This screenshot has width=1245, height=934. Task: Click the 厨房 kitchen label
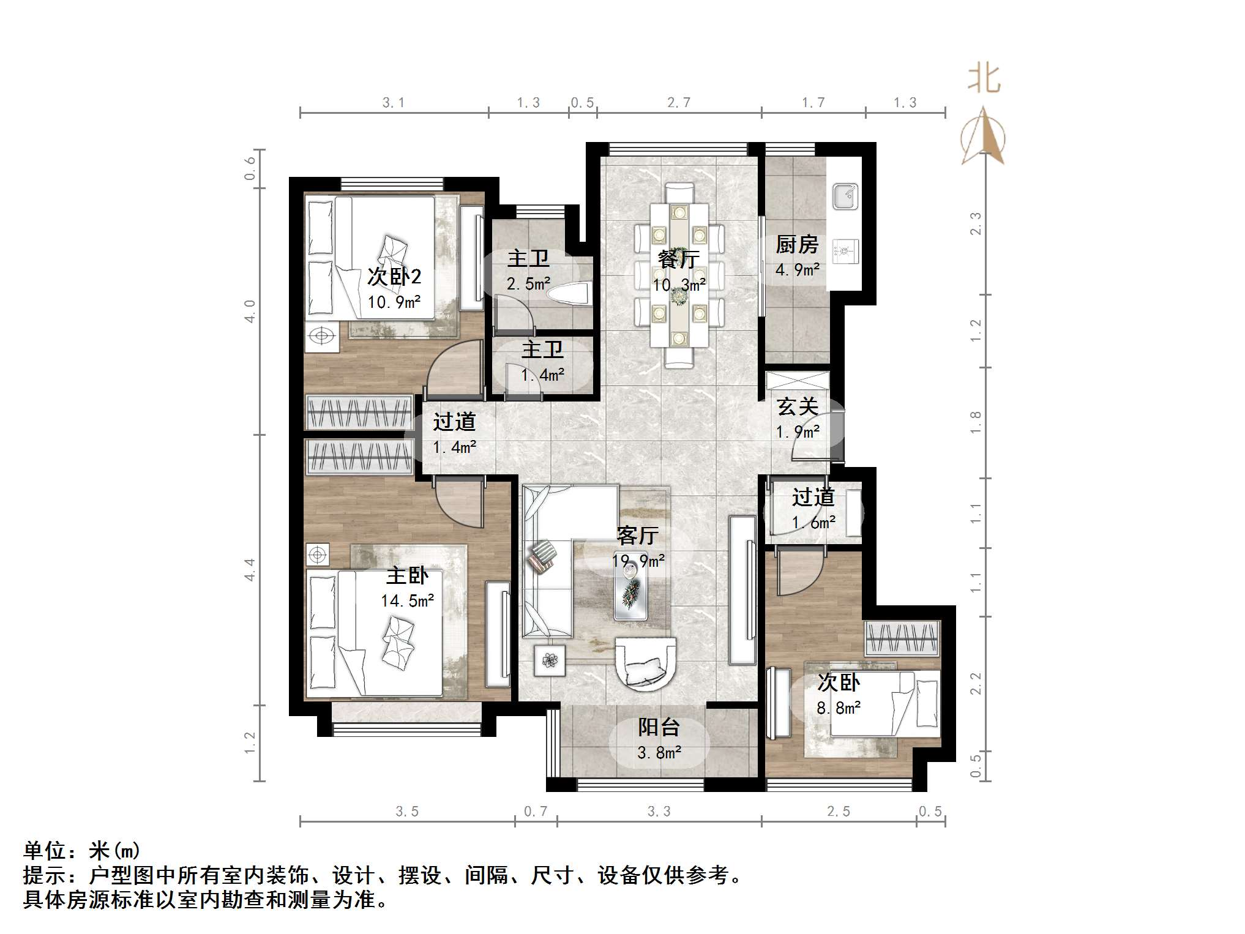click(x=797, y=245)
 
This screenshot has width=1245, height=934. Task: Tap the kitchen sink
click(x=845, y=196)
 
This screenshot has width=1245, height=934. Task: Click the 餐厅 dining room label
click(x=678, y=260)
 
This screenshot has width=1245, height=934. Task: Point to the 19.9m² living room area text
click(x=638, y=561)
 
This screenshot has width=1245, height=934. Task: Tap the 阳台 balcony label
click(x=659, y=727)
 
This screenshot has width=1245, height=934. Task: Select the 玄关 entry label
click(x=798, y=407)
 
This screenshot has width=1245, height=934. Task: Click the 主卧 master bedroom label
click(x=408, y=575)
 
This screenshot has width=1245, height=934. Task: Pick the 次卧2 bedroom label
click(x=394, y=277)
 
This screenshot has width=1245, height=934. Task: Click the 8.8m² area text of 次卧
click(x=839, y=708)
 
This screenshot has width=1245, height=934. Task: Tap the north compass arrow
click(x=983, y=136)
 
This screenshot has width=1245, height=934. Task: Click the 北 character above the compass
click(x=984, y=79)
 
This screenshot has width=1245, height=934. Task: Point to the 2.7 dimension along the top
click(x=679, y=103)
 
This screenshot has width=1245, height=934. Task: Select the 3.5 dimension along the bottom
click(x=407, y=812)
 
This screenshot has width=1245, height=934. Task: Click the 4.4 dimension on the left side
click(x=250, y=570)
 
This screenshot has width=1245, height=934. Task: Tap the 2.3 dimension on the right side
click(x=976, y=223)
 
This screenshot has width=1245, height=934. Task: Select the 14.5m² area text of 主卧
click(x=408, y=601)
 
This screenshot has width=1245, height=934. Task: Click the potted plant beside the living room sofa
click(x=550, y=660)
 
